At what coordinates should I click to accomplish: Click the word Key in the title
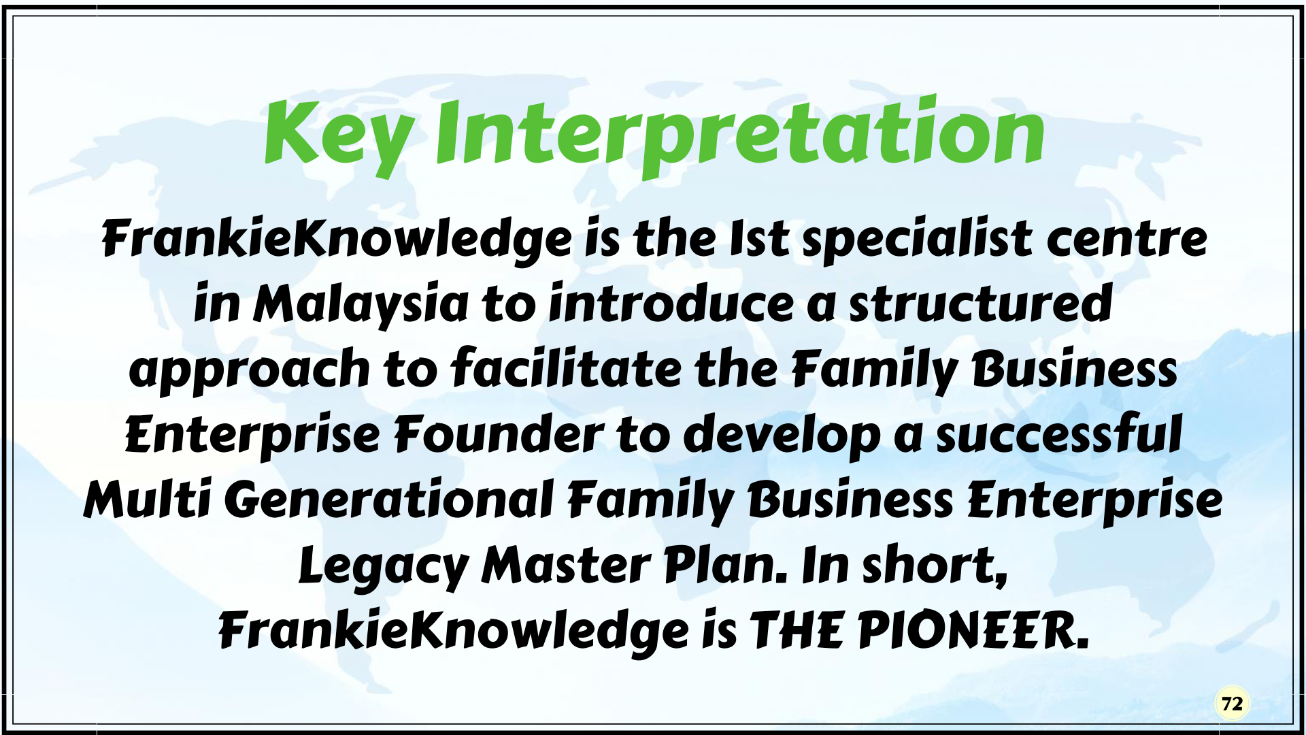click(x=338, y=137)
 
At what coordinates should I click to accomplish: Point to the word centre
click(x=1126, y=240)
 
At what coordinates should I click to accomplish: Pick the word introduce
click(x=671, y=304)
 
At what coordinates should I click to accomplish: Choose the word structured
click(x=980, y=304)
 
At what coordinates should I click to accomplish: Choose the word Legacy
click(x=384, y=567)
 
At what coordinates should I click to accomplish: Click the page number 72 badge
click(x=1232, y=704)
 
